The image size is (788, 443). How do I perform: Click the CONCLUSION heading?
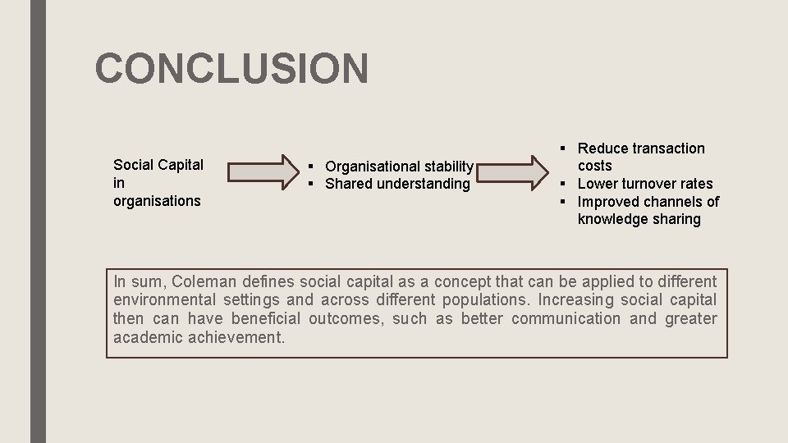coord(231,68)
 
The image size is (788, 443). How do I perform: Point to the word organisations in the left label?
coord(157,201)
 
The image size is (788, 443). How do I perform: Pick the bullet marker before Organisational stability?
coord(313,167)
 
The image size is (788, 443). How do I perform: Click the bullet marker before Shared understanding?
coord(313,184)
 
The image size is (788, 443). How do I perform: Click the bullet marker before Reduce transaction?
coord(563,148)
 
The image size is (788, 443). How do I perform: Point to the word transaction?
coord(667,148)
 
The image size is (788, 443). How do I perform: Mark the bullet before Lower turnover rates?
coord(563,184)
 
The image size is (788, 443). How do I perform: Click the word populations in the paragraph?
coord(488,300)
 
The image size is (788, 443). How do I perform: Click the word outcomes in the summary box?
coord(346,319)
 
